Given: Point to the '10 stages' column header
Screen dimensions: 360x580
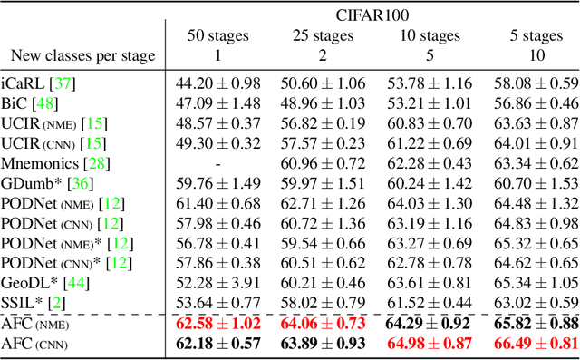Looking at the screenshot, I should [x=430, y=35].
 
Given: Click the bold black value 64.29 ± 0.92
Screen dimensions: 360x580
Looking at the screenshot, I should [x=430, y=325].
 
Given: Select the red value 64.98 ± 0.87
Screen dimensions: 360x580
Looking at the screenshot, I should [x=430, y=345].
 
